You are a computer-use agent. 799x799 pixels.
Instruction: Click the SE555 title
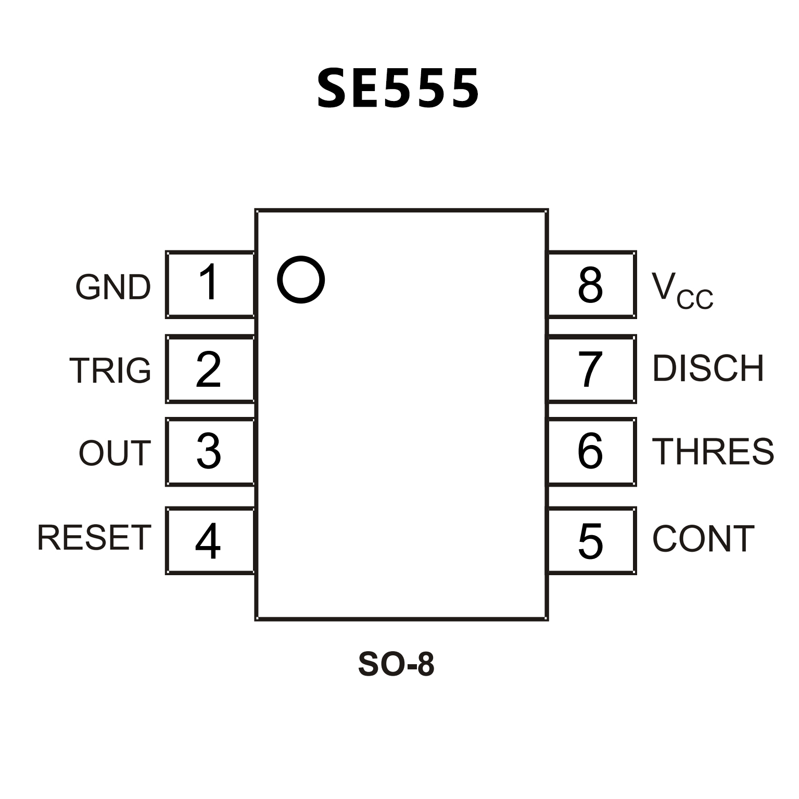tap(398, 88)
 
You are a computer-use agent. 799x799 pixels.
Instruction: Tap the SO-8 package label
tap(396, 664)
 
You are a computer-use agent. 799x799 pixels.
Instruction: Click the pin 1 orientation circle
tap(301, 280)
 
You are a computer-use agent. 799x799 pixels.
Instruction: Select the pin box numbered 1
tap(210, 284)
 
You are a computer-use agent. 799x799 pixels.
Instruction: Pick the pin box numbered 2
tap(210, 369)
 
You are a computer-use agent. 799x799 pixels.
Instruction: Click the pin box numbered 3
tap(210, 451)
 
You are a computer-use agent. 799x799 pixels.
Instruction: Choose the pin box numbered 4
tap(210, 541)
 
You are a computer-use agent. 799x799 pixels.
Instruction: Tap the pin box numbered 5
tap(592, 541)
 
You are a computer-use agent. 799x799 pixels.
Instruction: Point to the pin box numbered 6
tap(592, 451)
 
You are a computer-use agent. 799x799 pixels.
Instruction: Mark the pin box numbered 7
tap(592, 369)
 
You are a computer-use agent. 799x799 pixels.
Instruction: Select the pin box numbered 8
tap(592, 284)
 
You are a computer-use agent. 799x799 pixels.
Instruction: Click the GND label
tap(113, 287)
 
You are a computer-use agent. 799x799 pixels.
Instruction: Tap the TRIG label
tap(110, 371)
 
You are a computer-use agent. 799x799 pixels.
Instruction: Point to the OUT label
tap(115, 453)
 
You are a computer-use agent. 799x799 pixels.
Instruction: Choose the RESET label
tap(94, 538)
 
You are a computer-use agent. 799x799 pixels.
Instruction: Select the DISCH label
tap(708, 369)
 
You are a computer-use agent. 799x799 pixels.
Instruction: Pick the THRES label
tap(713, 451)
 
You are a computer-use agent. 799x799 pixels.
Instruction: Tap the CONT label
tap(703, 539)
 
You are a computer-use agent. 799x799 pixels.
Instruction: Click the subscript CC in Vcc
tap(695, 300)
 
